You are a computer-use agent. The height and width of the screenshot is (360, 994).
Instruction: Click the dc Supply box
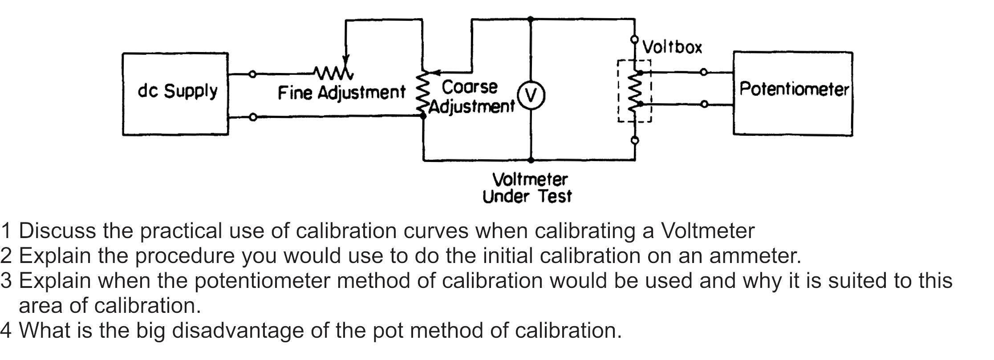point(175,93)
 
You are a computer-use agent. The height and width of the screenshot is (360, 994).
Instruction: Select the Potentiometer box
point(793,93)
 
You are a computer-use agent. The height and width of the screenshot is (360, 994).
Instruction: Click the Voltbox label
point(672,47)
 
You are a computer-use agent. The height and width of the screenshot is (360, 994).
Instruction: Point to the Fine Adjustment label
point(341,93)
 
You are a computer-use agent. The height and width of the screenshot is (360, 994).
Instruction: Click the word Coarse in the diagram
point(469,87)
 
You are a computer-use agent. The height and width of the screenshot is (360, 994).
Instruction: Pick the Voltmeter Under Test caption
point(528,188)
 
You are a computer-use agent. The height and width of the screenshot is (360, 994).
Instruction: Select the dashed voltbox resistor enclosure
point(634,91)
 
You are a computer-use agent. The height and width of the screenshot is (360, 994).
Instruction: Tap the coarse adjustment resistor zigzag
point(422,93)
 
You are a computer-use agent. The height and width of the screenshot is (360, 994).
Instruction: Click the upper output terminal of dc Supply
point(252,74)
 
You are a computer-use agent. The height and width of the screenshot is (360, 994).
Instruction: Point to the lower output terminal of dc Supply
point(252,117)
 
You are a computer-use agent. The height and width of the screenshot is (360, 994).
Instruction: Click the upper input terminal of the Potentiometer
point(704,72)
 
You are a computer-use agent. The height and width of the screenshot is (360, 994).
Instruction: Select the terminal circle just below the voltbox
point(635,141)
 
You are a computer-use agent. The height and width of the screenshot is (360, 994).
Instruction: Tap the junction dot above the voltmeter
point(530,19)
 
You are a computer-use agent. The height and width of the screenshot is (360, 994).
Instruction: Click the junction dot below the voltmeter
point(531,159)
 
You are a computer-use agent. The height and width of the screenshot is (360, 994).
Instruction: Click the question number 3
point(6,281)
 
